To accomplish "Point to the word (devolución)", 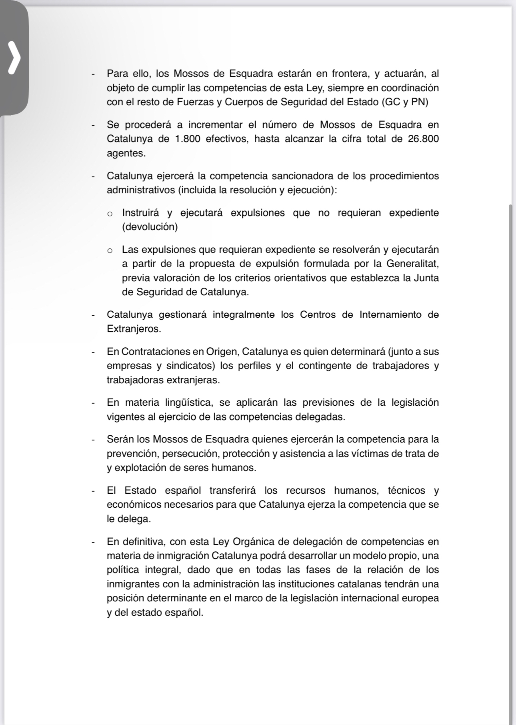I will click(x=150, y=227).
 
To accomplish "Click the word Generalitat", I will click(x=413, y=264).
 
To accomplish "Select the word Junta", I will click(x=426, y=278).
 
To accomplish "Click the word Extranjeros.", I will click(x=134, y=329).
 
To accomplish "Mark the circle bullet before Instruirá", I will click(x=110, y=214).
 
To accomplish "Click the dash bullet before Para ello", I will click(x=93, y=74).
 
